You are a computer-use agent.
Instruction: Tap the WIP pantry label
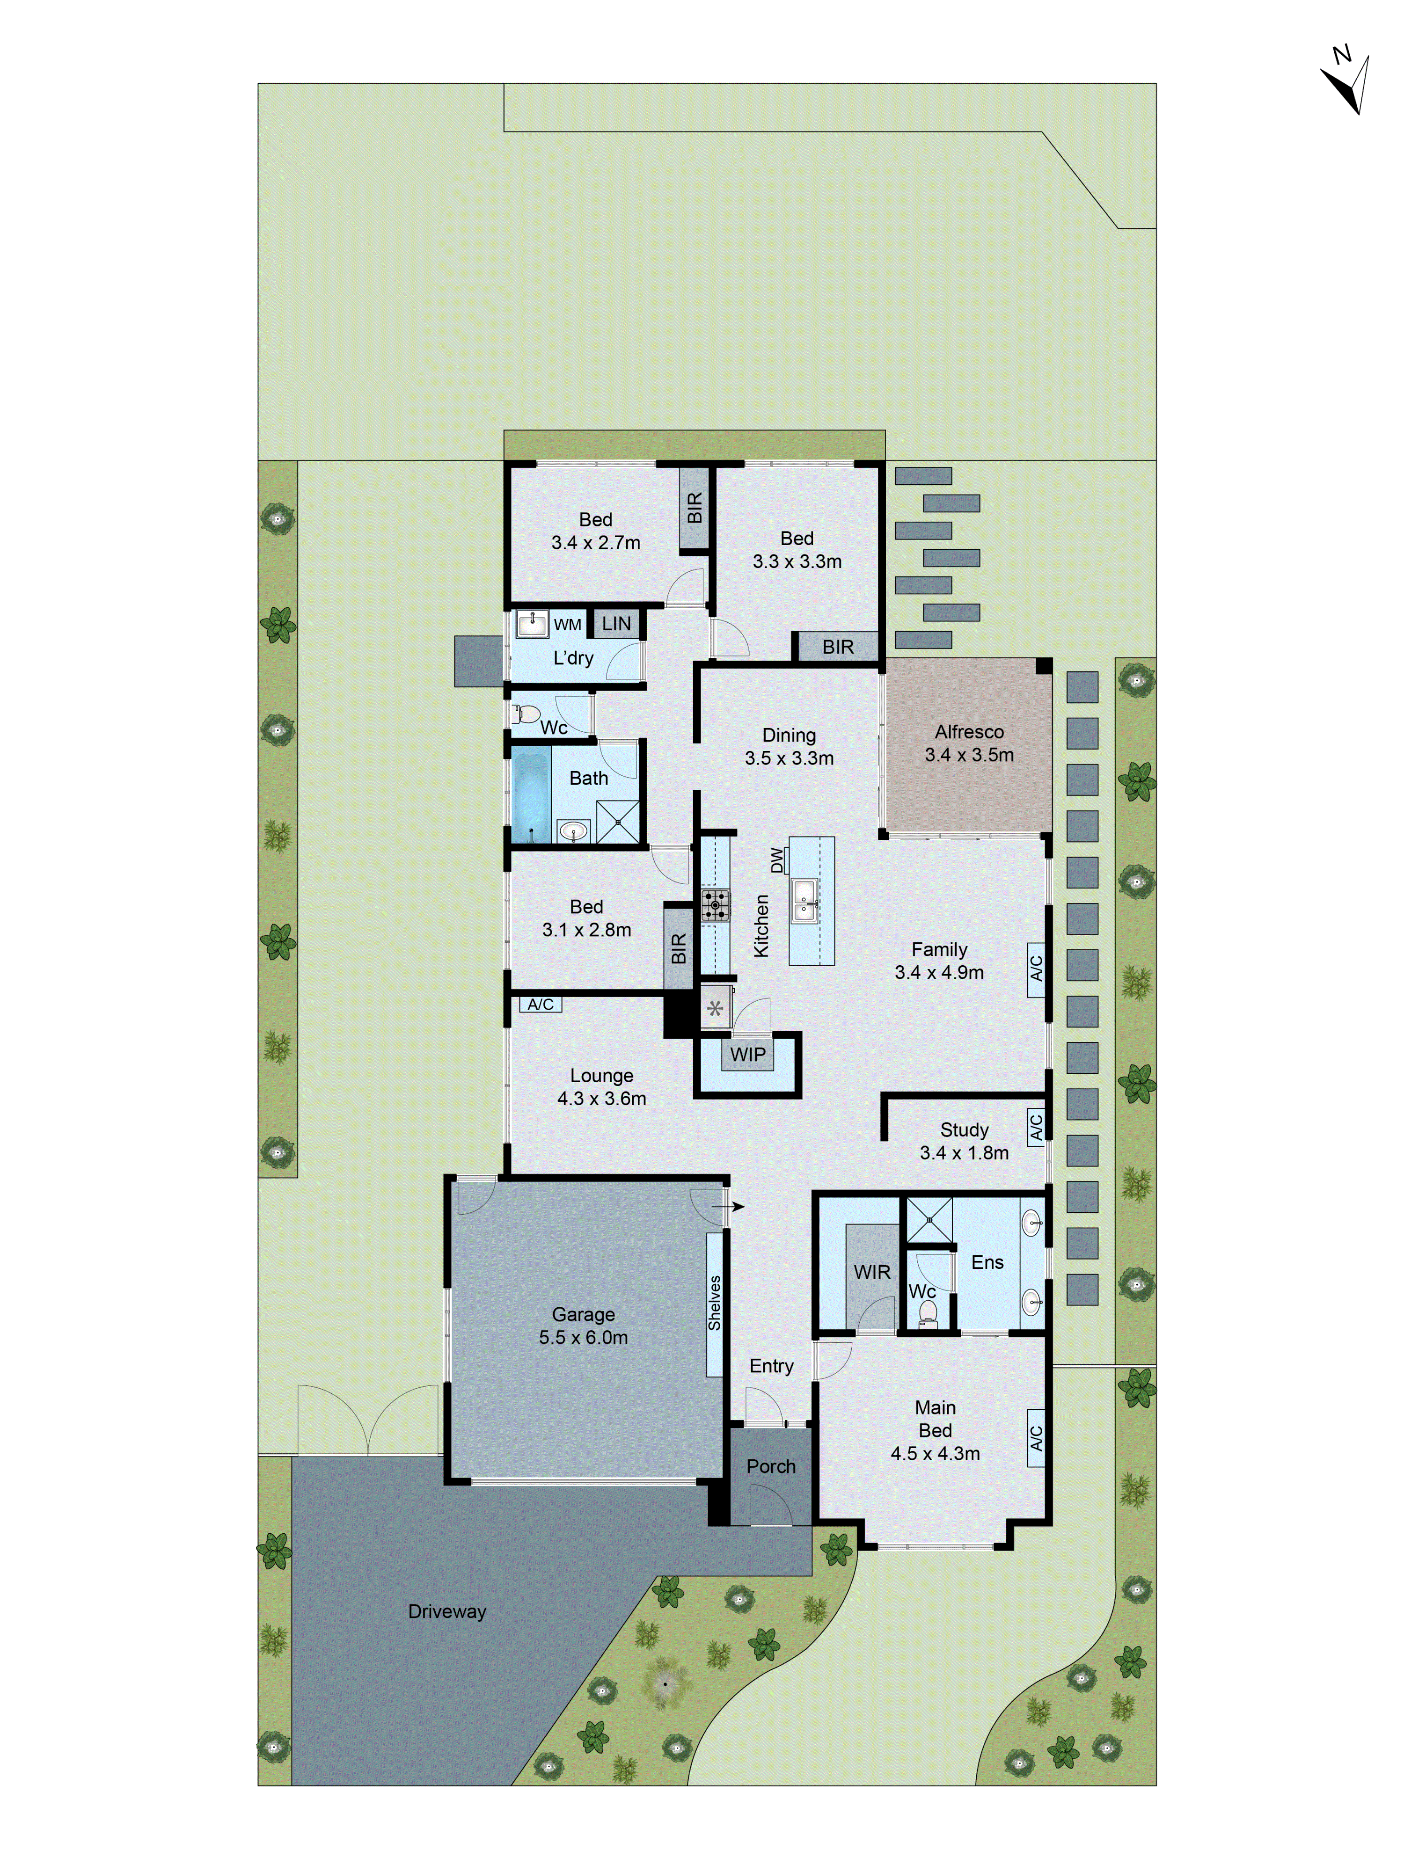(747, 1055)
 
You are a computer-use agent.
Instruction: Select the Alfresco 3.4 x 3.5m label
(969, 743)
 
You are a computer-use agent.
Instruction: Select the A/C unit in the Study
(1036, 1126)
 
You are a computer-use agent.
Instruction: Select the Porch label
(771, 1467)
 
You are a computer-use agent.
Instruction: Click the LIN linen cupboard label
(616, 624)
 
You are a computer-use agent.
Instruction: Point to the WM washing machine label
(567, 625)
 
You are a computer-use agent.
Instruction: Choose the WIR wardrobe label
(872, 1272)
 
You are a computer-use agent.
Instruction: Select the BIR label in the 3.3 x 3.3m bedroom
(838, 647)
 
